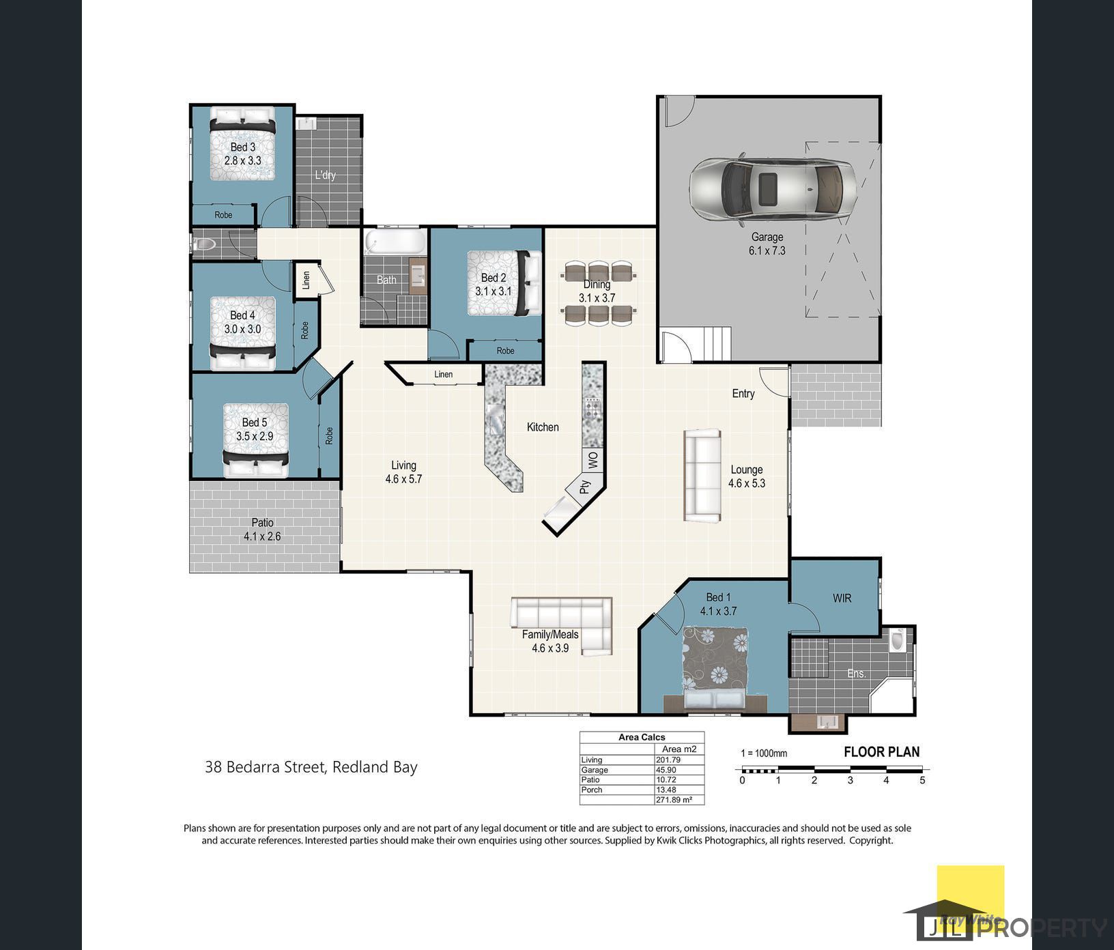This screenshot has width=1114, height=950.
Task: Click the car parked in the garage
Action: pyautogui.click(x=772, y=189)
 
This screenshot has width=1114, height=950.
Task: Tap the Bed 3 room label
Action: pyautogui.click(x=243, y=154)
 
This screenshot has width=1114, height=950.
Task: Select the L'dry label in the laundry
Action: pyautogui.click(x=325, y=175)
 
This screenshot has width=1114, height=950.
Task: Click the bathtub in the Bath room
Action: pyautogui.click(x=395, y=242)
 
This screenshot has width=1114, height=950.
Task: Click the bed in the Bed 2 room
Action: pyautogui.click(x=504, y=283)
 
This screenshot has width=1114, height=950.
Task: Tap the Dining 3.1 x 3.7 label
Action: pyautogui.click(x=597, y=291)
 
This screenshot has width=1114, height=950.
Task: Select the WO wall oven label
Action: pyautogui.click(x=593, y=460)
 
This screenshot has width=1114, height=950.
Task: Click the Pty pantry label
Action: pyautogui.click(x=584, y=487)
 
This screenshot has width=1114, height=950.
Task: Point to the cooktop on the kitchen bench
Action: pyautogui.click(x=592, y=409)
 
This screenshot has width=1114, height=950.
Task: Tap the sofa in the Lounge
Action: pyautogui.click(x=702, y=476)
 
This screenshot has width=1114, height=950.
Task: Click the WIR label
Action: pyautogui.click(x=842, y=598)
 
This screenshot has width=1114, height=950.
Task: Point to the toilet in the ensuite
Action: pyautogui.click(x=897, y=640)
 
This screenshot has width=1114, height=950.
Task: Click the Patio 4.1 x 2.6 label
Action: pyautogui.click(x=262, y=530)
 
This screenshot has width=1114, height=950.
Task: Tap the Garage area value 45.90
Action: pyautogui.click(x=666, y=770)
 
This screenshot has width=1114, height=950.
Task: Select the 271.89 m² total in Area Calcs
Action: pyautogui.click(x=674, y=799)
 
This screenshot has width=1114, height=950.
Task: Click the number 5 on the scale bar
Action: pyautogui.click(x=922, y=780)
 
